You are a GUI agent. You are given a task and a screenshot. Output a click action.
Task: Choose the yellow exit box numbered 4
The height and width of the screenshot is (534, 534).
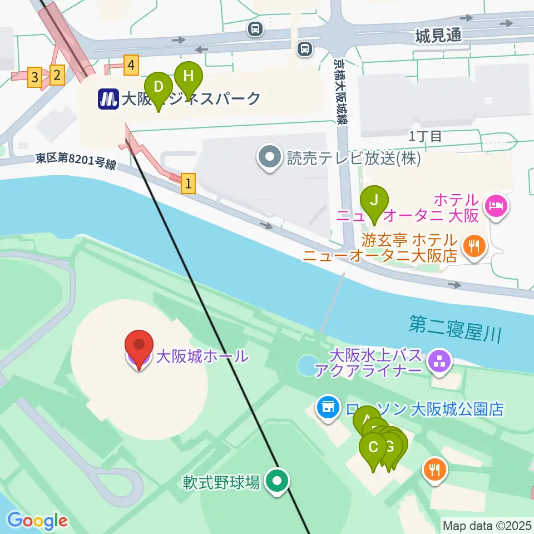tap(131, 66)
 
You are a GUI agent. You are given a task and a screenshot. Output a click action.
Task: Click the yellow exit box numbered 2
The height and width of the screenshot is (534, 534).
tap(56, 74)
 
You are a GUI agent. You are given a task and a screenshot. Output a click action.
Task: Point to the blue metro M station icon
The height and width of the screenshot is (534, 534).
tap(108, 99)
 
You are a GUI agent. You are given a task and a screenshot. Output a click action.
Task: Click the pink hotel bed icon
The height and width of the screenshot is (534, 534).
tap(495, 207)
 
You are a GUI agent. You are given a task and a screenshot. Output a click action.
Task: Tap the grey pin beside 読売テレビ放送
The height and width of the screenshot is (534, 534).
tap(270, 159)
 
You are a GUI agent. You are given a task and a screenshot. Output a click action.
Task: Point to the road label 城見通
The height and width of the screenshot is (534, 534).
tap(438, 36)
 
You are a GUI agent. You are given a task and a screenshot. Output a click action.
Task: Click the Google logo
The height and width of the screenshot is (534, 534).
tap(37, 521)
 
